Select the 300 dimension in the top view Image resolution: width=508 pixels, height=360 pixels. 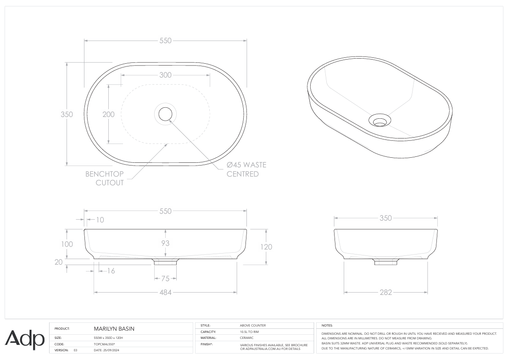[x=165, y=75]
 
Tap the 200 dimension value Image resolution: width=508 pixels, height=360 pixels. [x=108, y=115]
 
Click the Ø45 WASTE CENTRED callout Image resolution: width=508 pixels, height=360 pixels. [x=246, y=169]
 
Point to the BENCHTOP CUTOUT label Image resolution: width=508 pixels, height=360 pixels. [x=105, y=178]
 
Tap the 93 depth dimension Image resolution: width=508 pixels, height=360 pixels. [x=165, y=244]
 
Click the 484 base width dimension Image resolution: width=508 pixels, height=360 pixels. [x=165, y=293]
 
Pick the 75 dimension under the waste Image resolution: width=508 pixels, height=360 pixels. [x=165, y=278]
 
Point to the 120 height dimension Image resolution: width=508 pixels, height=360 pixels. [x=266, y=247]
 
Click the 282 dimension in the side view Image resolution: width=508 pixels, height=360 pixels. [x=385, y=293]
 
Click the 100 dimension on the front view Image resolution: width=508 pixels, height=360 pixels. [x=67, y=244]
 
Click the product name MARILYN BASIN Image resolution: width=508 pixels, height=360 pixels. [x=114, y=329]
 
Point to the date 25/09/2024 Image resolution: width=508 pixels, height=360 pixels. [x=106, y=350]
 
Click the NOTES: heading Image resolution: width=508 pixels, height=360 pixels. [x=327, y=325]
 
